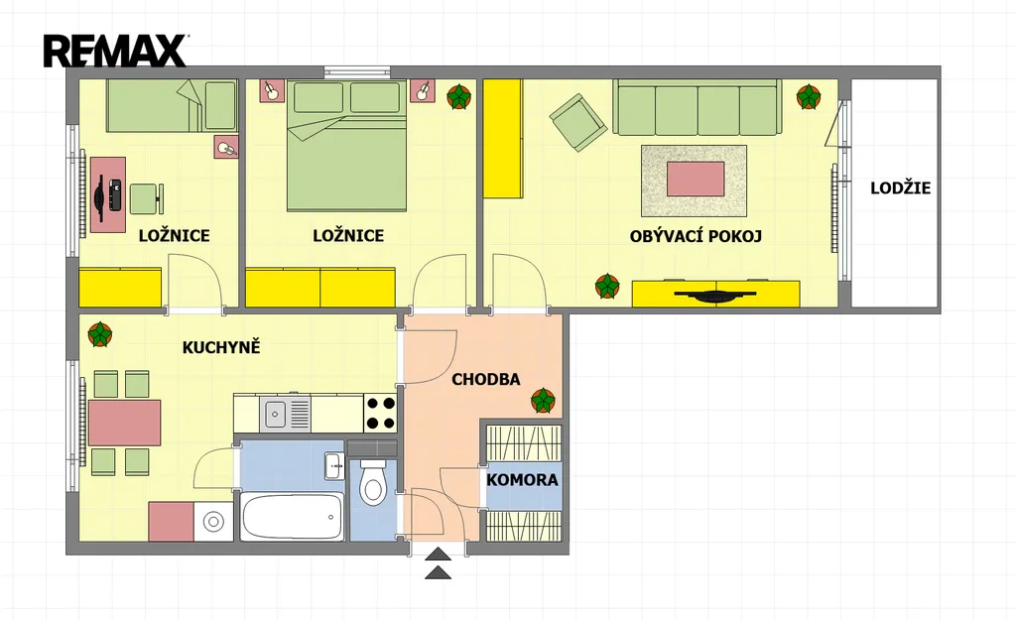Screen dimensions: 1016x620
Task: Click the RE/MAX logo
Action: click(x=116, y=52)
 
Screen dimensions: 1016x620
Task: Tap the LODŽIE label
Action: click(x=900, y=188)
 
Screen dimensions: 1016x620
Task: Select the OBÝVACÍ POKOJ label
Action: click(x=696, y=236)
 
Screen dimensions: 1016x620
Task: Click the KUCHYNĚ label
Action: click(x=221, y=347)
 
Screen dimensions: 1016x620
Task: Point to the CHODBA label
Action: click(x=485, y=380)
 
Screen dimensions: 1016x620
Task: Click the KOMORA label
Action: click(x=522, y=480)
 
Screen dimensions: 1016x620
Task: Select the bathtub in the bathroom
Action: click(x=292, y=516)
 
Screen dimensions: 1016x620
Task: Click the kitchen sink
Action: click(x=285, y=414)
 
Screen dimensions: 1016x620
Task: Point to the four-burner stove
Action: click(x=380, y=414)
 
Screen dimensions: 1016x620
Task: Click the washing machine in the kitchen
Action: click(x=213, y=522)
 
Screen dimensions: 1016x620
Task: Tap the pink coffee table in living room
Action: click(x=696, y=179)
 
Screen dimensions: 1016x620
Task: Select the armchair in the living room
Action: click(x=578, y=122)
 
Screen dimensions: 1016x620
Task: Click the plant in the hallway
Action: click(x=543, y=401)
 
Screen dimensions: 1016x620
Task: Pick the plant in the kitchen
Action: click(x=100, y=334)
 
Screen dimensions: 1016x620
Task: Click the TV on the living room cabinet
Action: click(x=715, y=296)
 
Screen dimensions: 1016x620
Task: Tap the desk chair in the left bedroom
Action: click(x=147, y=198)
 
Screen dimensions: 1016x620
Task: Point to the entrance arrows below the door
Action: click(x=438, y=563)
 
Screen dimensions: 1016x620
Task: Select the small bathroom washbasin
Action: click(x=334, y=465)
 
